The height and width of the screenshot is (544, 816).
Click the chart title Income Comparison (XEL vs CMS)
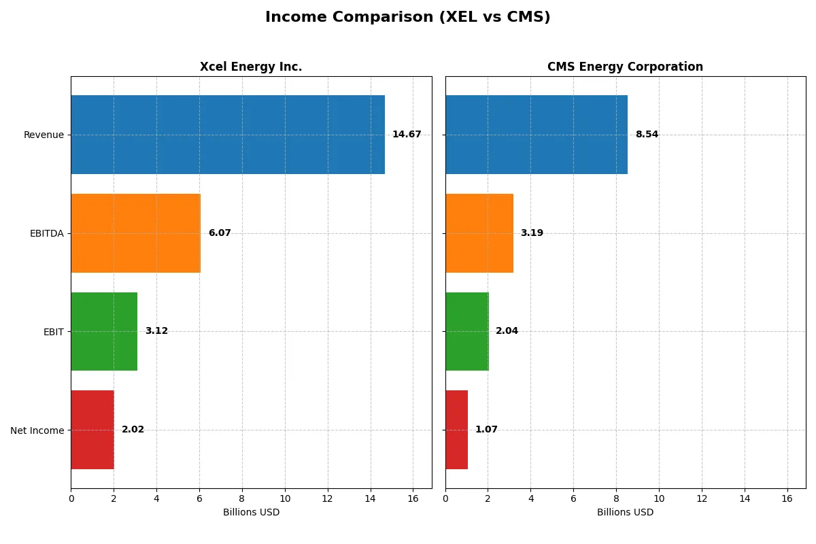[x=407, y=18]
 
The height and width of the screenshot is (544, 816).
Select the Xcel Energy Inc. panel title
[x=251, y=67]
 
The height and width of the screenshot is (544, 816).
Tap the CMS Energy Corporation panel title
[x=625, y=67]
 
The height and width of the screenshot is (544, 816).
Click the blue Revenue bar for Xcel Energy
[x=228, y=135]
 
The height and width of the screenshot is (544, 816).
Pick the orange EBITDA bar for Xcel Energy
[x=135, y=233]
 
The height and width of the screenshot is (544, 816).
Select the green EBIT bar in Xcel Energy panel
[x=104, y=331]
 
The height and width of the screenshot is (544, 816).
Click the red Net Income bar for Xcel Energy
[x=92, y=430]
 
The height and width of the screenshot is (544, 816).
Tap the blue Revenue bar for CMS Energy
[x=537, y=135]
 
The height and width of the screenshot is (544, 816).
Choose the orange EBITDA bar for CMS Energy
[x=479, y=233]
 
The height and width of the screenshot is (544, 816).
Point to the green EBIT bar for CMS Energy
[x=467, y=331]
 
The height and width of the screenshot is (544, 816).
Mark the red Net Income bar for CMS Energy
[x=457, y=430]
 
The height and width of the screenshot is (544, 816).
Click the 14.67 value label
[x=407, y=135]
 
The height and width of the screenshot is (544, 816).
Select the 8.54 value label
[x=647, y=135]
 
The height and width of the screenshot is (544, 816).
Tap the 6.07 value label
[x=220, y=233]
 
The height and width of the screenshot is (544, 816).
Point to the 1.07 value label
[x=486, y=430]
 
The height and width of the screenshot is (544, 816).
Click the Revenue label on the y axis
[x=44, y=135]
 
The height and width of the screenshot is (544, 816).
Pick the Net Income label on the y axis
[x=37, y=430]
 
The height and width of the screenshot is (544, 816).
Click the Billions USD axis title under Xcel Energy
[x=251, y=513]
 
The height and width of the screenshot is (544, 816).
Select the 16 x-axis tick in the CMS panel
[x=787, y=498]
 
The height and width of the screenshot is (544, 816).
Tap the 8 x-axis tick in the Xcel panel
[x=242, y=498]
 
